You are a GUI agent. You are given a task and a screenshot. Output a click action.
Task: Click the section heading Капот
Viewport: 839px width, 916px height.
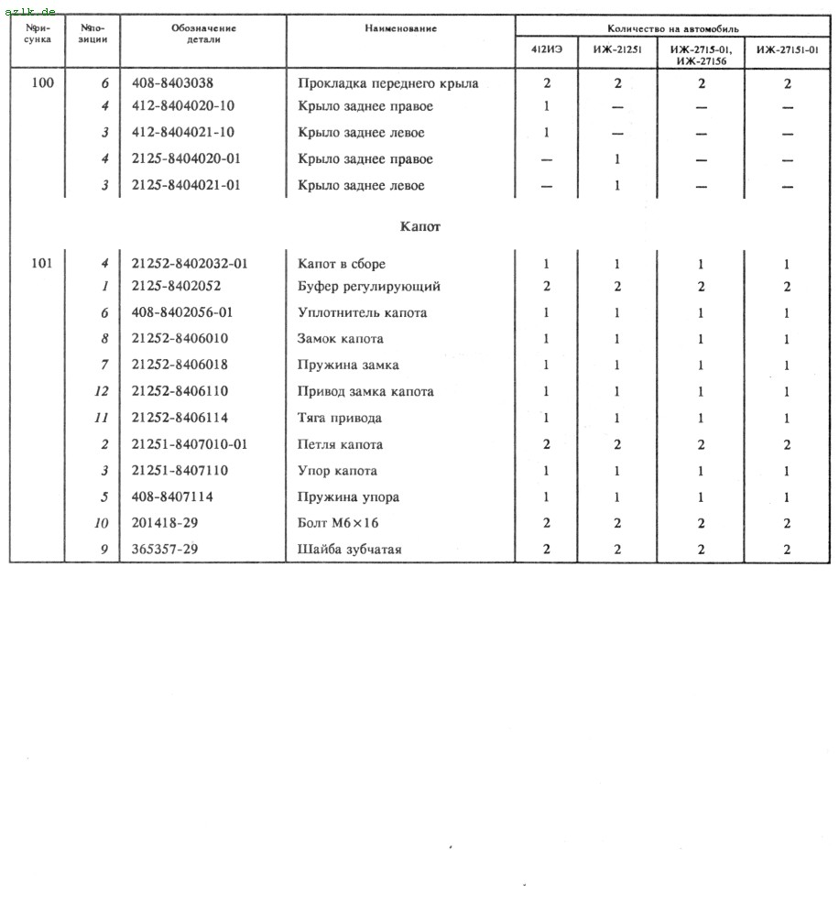(x=420, y=226)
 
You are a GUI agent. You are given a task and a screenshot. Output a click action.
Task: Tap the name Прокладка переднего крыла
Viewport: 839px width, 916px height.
(x=387, y=83)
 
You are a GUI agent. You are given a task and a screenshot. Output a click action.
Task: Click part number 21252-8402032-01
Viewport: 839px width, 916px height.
(x=190, y=264)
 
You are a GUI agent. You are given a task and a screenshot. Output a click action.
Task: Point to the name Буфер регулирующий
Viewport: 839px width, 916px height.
(x=369, y=287)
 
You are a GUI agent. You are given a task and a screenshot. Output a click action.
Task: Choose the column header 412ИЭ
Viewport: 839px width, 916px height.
(x=547, y=50)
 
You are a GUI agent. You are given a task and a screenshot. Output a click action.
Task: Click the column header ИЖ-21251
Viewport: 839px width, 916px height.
(x=616, y=50)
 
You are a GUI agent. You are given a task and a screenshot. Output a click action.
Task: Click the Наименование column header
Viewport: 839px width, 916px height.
(x=400, y=28)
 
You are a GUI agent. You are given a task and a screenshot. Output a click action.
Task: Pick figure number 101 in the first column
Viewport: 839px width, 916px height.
(x=42, y=264)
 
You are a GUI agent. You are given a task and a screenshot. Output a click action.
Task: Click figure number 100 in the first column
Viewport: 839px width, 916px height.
(x=42, y=83)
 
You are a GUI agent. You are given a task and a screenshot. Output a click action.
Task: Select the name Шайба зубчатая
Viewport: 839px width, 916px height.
(x=350, y=550)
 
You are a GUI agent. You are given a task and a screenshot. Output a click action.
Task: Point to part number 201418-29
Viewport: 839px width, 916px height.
(x=165, y=523)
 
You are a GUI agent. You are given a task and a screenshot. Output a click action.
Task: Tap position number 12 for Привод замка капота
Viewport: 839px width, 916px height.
(x=103, y=391)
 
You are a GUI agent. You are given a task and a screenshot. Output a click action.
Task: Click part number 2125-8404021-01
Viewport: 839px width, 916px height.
(x=186, y=186)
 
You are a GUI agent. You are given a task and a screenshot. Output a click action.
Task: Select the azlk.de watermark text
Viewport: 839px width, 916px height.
(x=29, y=10)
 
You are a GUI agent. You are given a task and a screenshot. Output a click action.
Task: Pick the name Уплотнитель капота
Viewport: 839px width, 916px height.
(x=362, y=313)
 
